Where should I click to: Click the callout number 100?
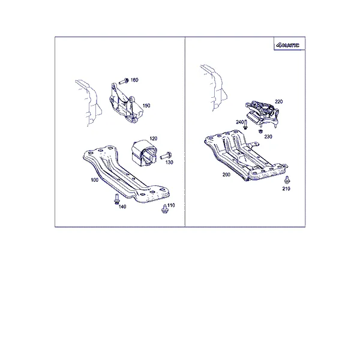pos(95,180)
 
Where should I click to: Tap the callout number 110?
pos(171,205)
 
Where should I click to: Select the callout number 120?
pos(154,139)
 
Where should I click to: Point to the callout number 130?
pos(169,163)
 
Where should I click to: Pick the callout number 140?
pos(122,207)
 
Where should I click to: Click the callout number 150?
pos(146,106)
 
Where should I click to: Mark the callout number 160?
pos(134,80)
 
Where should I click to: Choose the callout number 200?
pos(226,175)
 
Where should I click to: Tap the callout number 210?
pos(286,188)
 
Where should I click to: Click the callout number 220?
pos(279,101)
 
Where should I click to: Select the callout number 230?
pos(268,137)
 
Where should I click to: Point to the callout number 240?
pos(239,122)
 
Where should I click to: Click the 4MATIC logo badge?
pos(288,45)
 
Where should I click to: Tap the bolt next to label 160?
pos(124,81)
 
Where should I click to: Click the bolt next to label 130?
pos(166,155)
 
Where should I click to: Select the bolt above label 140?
pos(116,199)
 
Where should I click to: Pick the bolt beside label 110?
pos(164,209)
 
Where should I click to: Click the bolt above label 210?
pos(287,180)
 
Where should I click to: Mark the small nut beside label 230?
pos(260,131)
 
